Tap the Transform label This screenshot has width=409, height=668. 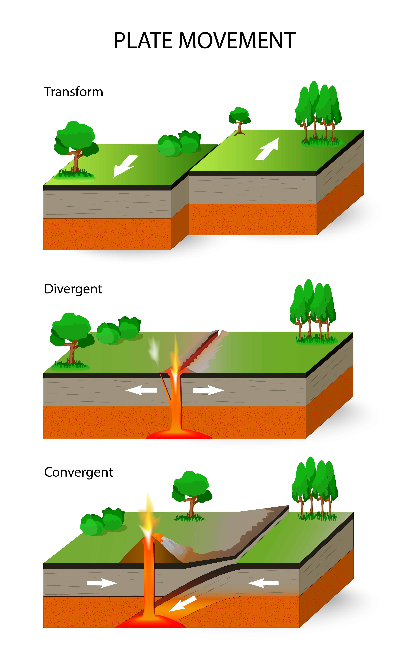click(x=74, y=92)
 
